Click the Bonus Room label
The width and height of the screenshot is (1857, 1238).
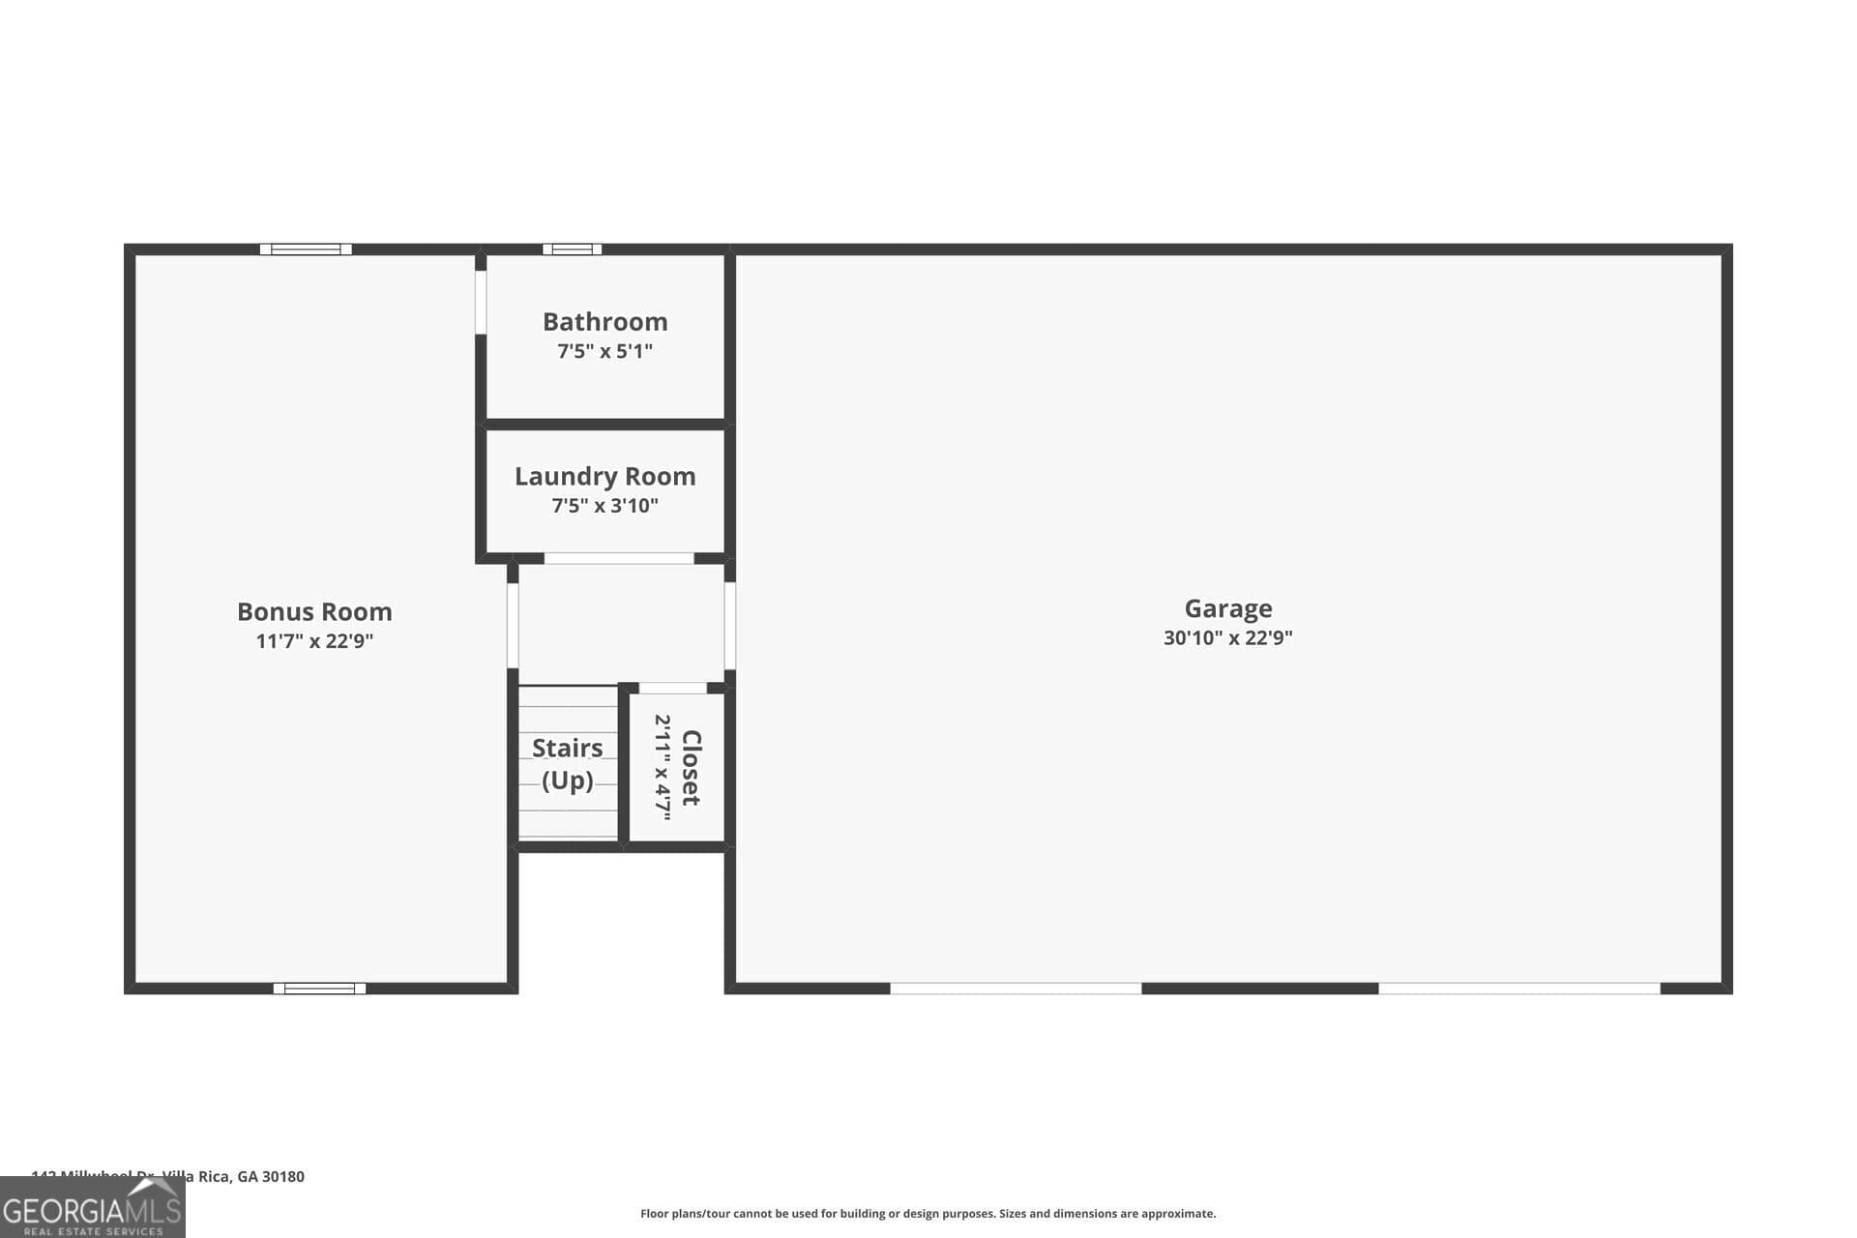point(314,611)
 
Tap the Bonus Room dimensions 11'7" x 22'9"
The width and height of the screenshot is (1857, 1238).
point(314,640)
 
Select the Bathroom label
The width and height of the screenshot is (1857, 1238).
point(604,321)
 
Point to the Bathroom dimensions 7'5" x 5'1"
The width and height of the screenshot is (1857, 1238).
point(604,351)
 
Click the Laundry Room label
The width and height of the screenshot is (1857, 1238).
point(604,476)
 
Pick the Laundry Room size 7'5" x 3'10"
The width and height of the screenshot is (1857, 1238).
point(604,505)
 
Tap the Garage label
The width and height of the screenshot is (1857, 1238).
point(1227,608)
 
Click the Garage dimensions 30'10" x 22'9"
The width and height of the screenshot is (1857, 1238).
point(1227,637)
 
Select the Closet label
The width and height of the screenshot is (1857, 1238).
point(691,768)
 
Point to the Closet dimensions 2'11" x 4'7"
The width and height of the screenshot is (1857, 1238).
point(663,768)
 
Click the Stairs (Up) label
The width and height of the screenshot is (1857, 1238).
point(568,763)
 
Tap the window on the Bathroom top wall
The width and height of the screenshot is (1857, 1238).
point(572,250)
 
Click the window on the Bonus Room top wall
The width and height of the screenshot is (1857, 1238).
point(306,250)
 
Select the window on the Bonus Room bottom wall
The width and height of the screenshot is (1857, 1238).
point(319,988)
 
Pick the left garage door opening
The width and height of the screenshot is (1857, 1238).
point(1016,988)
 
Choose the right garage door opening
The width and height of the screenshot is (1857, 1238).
point(1518,988)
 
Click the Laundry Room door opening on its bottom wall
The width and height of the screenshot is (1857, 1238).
point(619,558)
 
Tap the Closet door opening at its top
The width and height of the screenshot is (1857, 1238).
point(673,689)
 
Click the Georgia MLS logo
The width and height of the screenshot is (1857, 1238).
point(92,1209)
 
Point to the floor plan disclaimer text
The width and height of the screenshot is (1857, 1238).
point(928,1214)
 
